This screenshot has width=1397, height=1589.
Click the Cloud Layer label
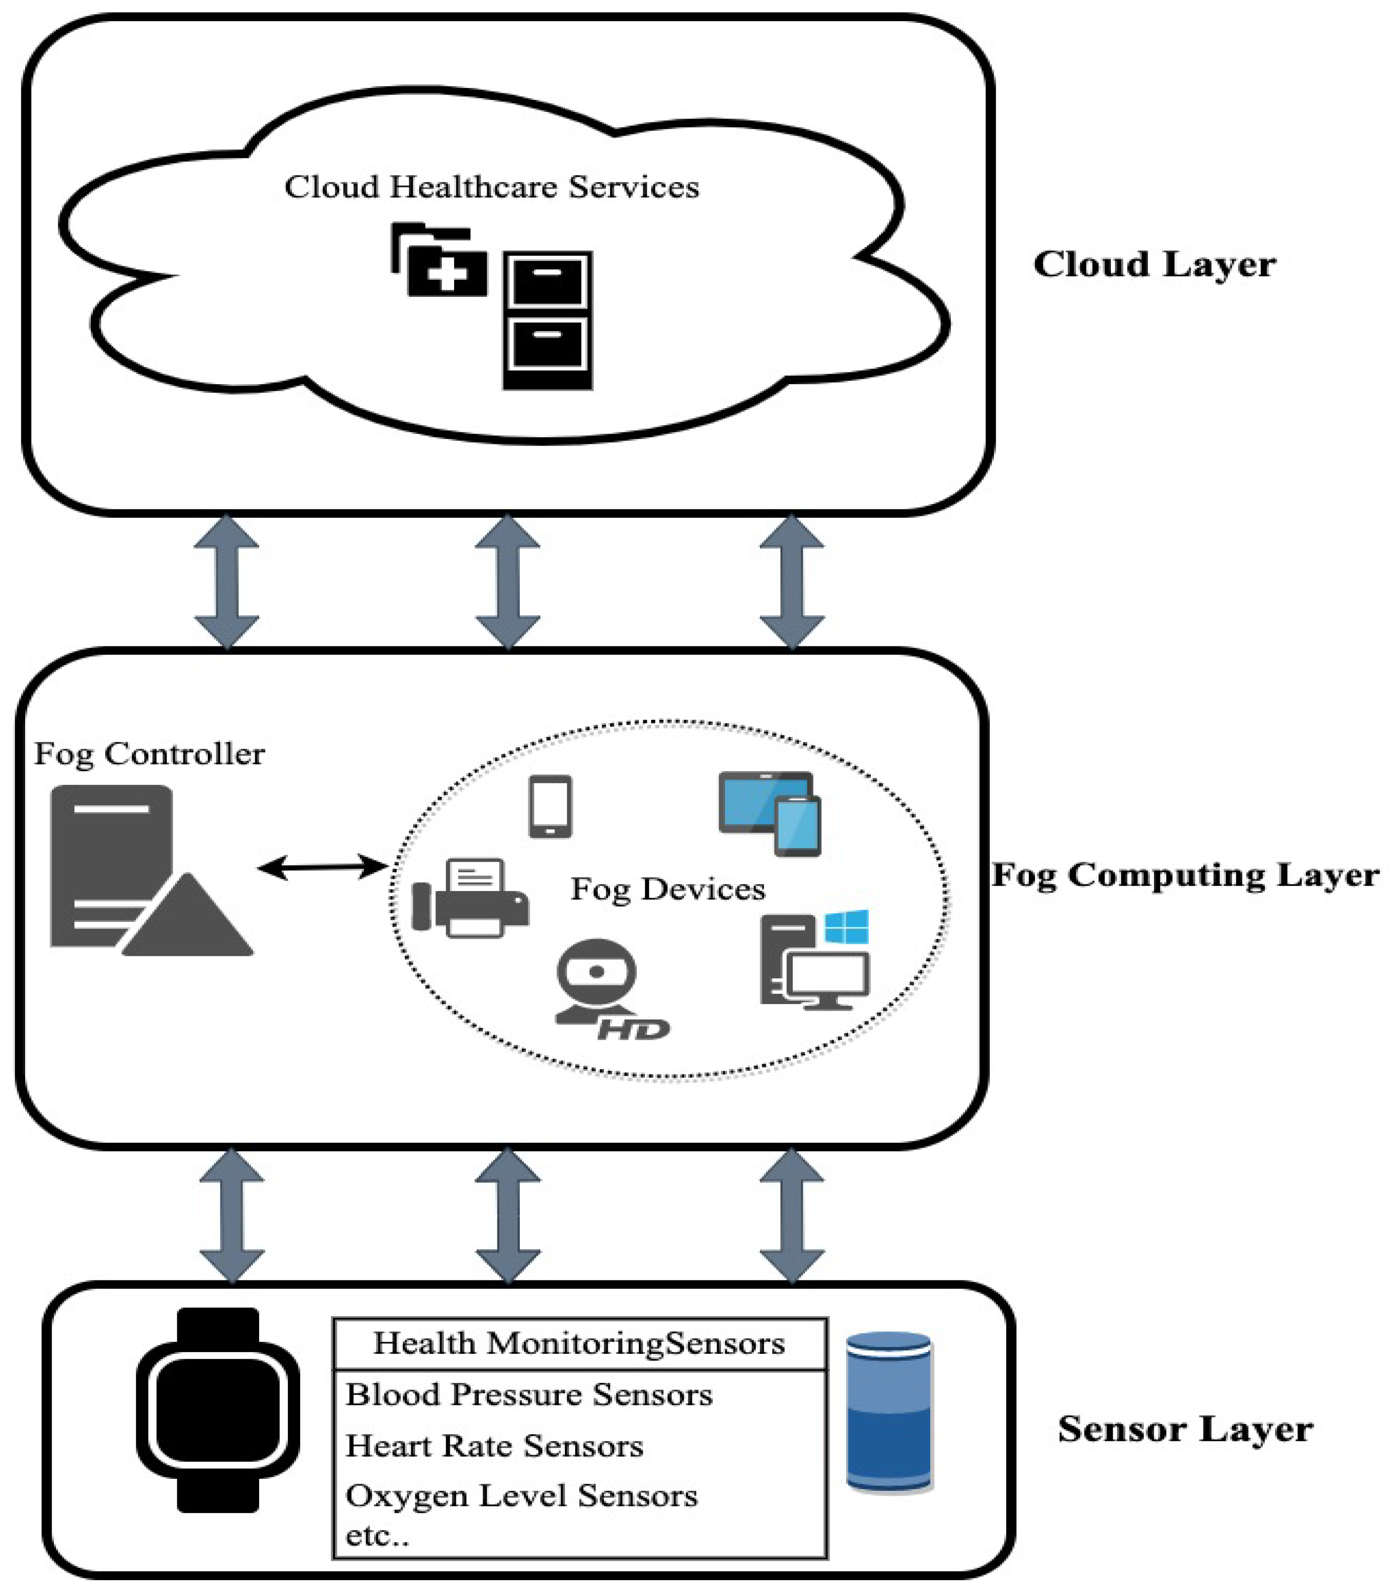(x=1154, y=264)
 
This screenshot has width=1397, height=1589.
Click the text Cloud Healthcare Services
(x=491, y=187)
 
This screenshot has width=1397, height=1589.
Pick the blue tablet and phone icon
(x=770, y=812)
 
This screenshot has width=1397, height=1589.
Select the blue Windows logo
(x=847, y=927)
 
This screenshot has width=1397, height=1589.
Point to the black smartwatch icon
(x=218, y=1409)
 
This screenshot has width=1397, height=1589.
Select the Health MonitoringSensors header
(x=579, y=1343)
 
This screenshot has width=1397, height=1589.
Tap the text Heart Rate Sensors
(x=494, y=1446)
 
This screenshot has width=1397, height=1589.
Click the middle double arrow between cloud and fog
(x=508, y=581)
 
